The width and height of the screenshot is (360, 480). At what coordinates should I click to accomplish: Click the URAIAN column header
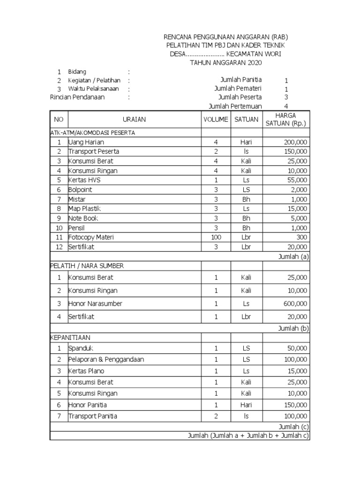click(x=134, y=120)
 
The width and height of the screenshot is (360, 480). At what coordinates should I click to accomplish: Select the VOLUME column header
click(x=216, y=120)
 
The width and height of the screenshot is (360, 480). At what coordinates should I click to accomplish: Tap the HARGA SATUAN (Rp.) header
click(x=285, y=120)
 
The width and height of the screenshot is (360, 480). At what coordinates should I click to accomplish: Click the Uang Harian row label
click(x=86, y=142)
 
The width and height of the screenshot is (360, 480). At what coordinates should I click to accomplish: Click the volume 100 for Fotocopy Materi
click(x=216, y=237)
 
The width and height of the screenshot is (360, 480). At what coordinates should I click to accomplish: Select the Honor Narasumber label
click(x=95, y=304)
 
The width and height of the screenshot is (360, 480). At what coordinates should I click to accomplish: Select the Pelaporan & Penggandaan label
click(x=106, y=360)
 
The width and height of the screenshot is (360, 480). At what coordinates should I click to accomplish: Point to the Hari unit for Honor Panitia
click(x=246, y=405)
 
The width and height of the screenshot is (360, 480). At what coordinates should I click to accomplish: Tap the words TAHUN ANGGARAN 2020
click(x=226, y=62)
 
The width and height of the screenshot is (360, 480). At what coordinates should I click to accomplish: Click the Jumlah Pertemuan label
click(x=235, y=106)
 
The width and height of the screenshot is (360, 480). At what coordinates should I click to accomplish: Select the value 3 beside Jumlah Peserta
click(x=286, y=97)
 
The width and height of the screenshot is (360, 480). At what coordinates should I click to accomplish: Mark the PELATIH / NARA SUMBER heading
click(x=87, y=266)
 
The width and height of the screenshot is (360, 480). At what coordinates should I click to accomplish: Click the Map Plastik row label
click(x=85, y=209)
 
